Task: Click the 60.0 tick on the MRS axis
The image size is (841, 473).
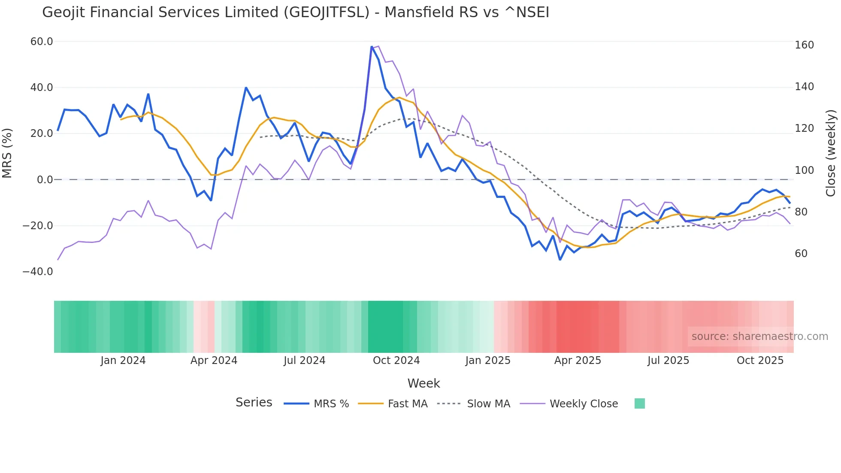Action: [x=42, y=42]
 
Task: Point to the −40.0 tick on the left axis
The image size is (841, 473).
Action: [x=38, y=272]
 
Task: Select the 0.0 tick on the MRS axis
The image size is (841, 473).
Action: [x=45, y=180]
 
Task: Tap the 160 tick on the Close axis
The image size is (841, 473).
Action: [x=804, y=45]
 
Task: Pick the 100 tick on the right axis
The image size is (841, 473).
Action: [x=804, y=170]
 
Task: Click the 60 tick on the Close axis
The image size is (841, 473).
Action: [x=801, y=254]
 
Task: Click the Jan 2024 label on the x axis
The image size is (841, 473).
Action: [x=123, y=361]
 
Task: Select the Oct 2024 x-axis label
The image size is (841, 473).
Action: [x=396, y=361]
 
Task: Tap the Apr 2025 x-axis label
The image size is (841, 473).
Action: [x=578, y=361]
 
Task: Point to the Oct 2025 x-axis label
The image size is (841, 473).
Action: [x=760, y=361]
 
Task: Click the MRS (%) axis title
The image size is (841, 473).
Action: [x=7, y=153]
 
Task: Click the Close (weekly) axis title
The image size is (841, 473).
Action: [x=831, y=153]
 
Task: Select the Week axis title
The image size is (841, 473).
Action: [x=424, y=383]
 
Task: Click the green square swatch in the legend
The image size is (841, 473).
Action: [x=639, y=403]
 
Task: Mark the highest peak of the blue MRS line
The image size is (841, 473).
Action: [x=372, y=47]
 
